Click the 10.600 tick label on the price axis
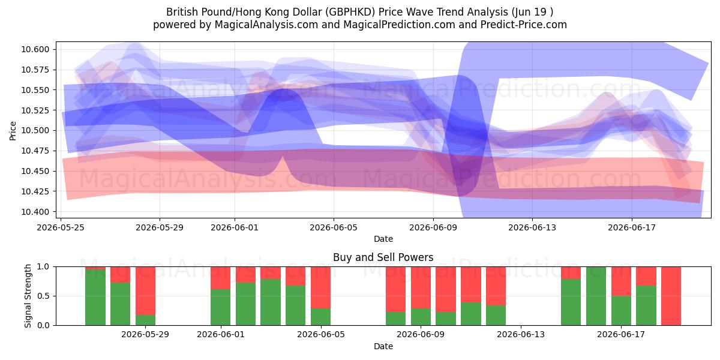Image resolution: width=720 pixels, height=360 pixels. coord(35,49)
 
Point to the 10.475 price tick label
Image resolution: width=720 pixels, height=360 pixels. coord(35,151)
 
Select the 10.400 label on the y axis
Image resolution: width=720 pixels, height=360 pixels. coord(35,212)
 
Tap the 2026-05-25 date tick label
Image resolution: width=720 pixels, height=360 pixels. coord(61,227)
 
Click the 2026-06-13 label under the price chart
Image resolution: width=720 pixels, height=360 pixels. coord(532,227)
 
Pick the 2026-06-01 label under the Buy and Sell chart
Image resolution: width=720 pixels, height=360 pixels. coord(221,334)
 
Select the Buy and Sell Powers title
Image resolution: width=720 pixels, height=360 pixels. coord(383,257)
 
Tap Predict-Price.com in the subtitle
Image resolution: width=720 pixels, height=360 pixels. coord(524,25)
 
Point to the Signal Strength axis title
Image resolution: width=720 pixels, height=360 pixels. coord(28,296)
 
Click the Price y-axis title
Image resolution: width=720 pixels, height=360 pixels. coord(13,131)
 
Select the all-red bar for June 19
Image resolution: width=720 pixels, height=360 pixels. coord(671,296)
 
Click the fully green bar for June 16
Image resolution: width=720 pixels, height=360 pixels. coord(596,296)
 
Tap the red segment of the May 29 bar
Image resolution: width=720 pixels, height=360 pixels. coord(145,290)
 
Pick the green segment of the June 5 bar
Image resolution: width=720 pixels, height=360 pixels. coord(320,317)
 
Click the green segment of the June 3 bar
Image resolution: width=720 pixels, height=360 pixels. coord(271,302)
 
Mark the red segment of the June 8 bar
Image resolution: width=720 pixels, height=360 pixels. coord(395,289)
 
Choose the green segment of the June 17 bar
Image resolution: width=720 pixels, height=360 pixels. coord(621,311)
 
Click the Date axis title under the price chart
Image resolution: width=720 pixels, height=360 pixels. coord(383,239)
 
